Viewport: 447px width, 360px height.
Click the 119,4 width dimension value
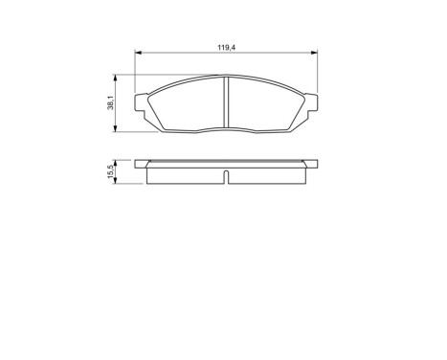point(226,44)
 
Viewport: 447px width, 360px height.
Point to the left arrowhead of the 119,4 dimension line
point(138,53)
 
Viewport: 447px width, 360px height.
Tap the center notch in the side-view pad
point(226,175)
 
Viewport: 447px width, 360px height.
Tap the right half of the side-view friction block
point(268,173)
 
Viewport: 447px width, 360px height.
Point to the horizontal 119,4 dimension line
point(182,53)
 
